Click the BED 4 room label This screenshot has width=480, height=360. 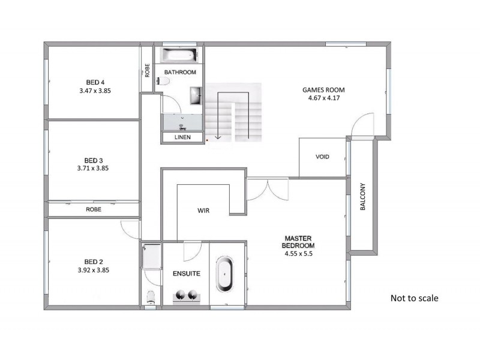[95, 82]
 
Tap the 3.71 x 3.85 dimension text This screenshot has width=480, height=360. [93, 169]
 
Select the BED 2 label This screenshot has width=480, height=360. [93, 262]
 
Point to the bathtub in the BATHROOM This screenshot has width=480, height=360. [181, 57]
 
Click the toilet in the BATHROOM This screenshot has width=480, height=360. [161, 82]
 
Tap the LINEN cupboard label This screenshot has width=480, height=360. [182, 137]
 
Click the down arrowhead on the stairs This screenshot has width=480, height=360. [218, 137]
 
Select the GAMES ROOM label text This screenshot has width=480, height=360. [323, 91]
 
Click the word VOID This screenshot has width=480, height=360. [322, 157]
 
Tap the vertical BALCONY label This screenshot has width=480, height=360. [362, 197]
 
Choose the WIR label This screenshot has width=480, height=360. [203, 211]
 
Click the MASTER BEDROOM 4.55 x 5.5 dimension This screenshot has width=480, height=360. [299, 254]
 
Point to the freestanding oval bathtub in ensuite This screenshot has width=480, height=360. [224, 275]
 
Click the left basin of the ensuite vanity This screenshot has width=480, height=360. [179, 295]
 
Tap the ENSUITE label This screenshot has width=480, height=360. [186, 274]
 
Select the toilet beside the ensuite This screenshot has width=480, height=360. [151, 296]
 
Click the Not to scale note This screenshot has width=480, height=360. [414, 298]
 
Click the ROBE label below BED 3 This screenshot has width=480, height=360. [93, 209]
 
